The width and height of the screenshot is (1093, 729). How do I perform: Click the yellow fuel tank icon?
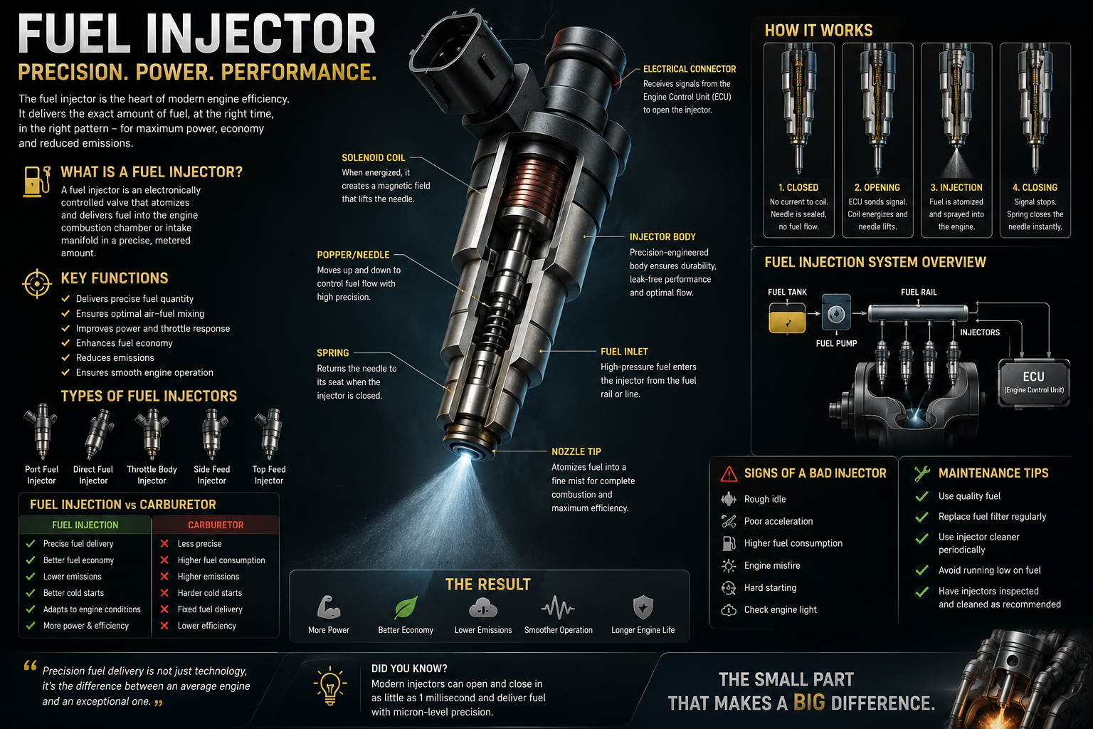[x=787, y=318]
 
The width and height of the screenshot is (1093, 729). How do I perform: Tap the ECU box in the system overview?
[x=1034, y=383]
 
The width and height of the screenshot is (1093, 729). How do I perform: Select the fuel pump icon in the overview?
[x=836, y=313]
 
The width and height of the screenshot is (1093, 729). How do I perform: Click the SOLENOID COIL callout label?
[x=374, y=158]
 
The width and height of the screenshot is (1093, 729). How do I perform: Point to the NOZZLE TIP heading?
[x=576, y=451]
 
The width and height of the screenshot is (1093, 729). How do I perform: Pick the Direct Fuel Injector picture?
[x=97, y=434]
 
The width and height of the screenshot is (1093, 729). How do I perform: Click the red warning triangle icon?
[x=729, y=473]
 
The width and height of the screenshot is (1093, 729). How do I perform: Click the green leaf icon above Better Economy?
[x=406, y=607]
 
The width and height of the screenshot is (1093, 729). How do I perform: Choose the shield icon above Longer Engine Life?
[x=643, y=607]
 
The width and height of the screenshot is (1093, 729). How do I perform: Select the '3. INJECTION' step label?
[x=956, y=187]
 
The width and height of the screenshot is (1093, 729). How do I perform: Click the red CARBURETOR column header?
[x=216, y=525]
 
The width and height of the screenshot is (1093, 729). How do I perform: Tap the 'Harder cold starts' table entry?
[x=210, y=593]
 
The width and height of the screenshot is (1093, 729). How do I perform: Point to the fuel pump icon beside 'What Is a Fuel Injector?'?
[x=36, y=181]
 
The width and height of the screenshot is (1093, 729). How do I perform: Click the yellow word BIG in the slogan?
[x=810, y=703]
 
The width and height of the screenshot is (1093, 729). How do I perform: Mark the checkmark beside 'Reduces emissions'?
[x=65, y=357]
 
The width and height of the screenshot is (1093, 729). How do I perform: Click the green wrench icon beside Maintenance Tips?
[x=922, y=473]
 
